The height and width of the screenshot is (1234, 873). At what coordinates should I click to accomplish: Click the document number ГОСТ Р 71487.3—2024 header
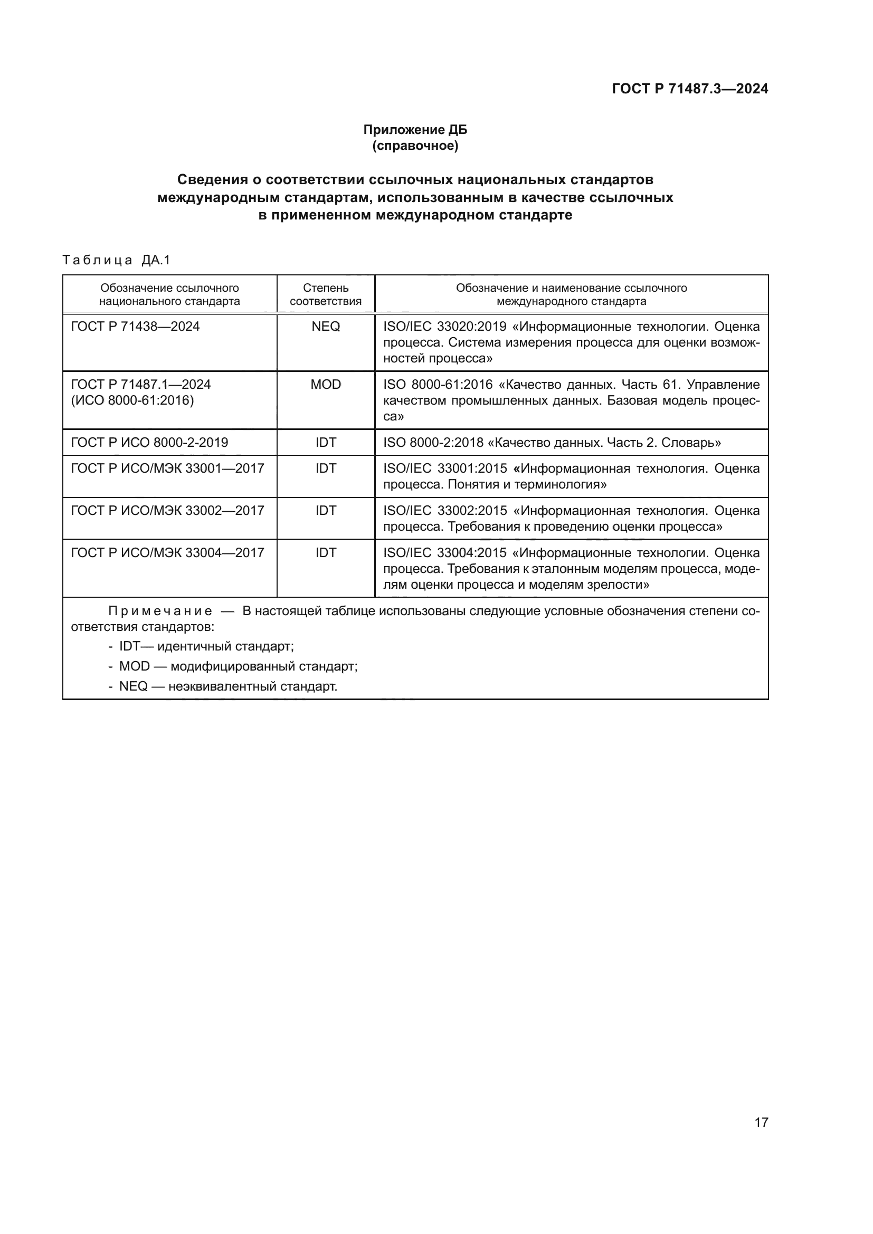point(690,89)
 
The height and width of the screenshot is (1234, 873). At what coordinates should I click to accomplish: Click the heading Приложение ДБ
point(415,130)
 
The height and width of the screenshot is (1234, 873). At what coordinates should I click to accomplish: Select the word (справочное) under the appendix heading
point(415,146)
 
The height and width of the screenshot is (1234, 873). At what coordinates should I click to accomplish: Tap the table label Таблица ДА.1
point(116,261)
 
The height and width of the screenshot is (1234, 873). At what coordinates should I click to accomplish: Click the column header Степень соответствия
point(325,294)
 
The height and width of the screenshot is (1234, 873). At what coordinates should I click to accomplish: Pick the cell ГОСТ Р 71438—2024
point(135,327)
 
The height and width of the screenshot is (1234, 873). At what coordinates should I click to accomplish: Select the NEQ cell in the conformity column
point(325,327)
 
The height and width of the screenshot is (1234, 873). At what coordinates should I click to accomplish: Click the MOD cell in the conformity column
point(325,385)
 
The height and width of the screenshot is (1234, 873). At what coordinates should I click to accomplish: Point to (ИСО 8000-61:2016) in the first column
point(132,400)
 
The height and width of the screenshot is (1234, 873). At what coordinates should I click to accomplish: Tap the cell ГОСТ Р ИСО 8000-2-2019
point(149,443)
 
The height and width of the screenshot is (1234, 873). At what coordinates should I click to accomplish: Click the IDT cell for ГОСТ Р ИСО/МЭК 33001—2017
point(325,468)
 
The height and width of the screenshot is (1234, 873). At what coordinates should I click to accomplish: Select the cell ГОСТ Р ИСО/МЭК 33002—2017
point(167,511)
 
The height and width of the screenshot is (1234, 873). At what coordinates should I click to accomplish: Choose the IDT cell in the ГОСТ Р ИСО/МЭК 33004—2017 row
point(325,553)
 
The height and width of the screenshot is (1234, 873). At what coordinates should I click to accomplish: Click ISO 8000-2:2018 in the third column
point(433,443)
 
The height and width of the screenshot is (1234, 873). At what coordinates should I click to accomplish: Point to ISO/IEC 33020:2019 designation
point(444,327)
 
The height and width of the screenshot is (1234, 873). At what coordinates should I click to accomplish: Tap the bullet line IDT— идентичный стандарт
point(206,647)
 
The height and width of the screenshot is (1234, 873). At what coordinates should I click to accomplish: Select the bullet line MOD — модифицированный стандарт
point(238,666)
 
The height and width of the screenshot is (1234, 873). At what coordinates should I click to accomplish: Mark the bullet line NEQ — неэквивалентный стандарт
point(228,686)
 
